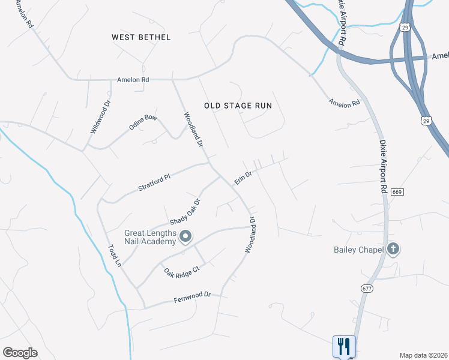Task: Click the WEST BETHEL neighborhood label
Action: point(141,37)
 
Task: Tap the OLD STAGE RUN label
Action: point(238,106)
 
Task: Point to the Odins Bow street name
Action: point(143,122)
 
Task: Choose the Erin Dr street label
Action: point(242,178)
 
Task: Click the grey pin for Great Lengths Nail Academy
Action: point(185,236)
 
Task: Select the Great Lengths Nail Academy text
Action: point(150,238)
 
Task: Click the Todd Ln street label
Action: point(115,255)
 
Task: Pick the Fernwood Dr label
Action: point(193,295)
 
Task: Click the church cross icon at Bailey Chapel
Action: point(393,248)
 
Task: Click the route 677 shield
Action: point(366,289)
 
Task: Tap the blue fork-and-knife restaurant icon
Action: point(345,346)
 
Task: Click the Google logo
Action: point(20,352)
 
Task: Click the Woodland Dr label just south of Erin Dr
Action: point(253,239)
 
